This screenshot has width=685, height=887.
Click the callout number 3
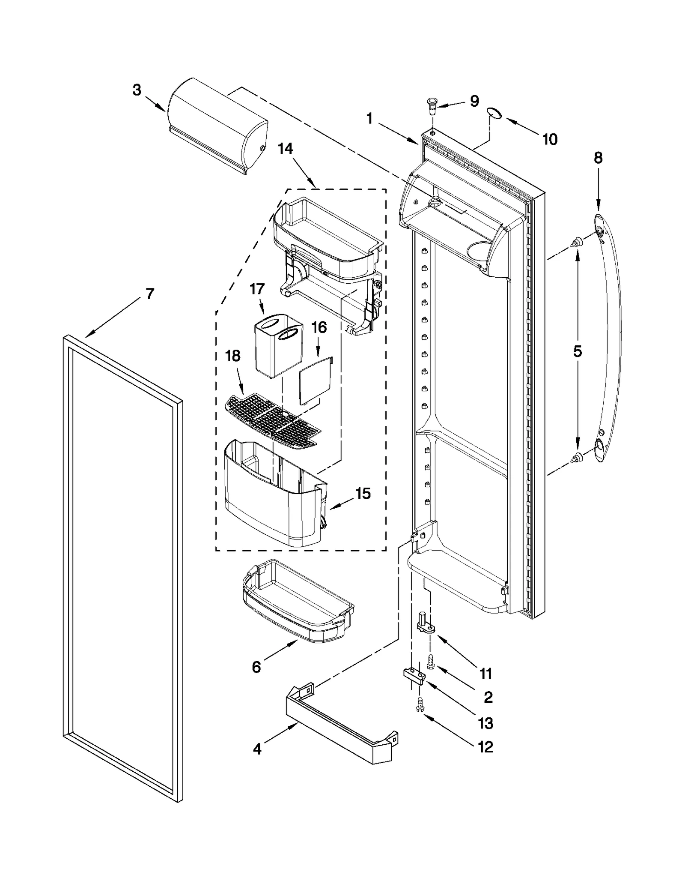pos(137,90)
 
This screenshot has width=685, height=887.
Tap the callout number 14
pos(285,149)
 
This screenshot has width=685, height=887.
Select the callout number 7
pos(150,294)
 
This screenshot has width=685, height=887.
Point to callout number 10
pos(550,139)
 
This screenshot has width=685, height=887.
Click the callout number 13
pos(485,724)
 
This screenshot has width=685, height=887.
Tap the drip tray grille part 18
pos(272,420)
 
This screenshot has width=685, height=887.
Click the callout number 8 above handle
pos(598,158)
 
